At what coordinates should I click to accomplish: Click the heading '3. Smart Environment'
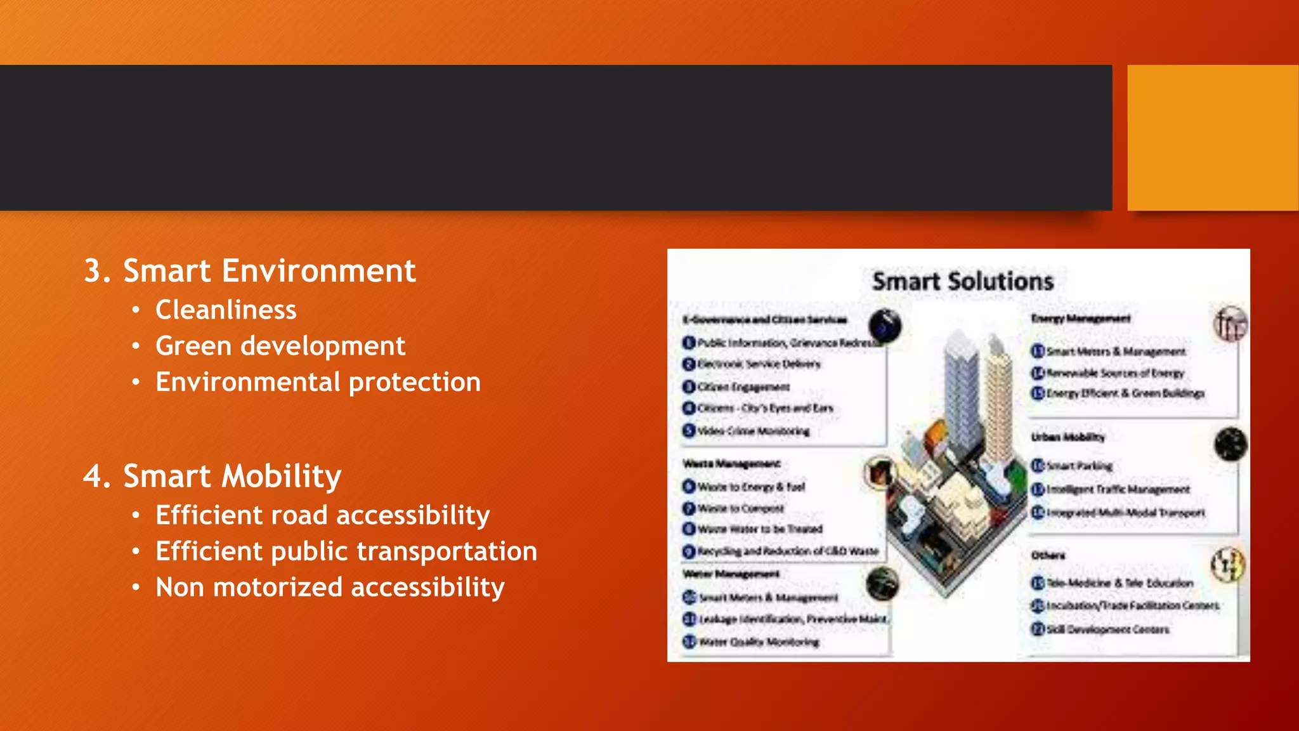tap(250, 271)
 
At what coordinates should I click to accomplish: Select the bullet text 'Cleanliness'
tap(226, 310)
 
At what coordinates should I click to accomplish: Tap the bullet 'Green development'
tap(280, 346)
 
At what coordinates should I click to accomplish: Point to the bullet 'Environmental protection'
tap(318, 382)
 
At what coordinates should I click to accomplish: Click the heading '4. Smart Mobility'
tap(212, 476)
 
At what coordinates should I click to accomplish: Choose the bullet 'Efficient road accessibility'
tap(322, 515)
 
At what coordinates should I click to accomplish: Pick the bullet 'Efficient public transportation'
tap(346, 551)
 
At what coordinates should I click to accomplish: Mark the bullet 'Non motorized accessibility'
tap(330, 588)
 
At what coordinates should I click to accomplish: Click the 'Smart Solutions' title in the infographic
tap(962, 281)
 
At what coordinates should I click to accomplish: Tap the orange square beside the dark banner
tap(1212, 137)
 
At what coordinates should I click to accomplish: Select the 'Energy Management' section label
tap(1080, 319)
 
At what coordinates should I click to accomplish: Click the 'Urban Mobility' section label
tap(1067, 437)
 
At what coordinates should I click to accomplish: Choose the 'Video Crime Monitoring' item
tap(753, 431)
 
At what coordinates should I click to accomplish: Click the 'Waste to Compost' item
tap(740, 508)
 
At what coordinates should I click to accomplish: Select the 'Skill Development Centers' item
tap(1107, 629)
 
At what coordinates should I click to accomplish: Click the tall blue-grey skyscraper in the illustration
tap(961, 393)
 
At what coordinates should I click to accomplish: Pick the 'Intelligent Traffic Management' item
tap(1117, 489)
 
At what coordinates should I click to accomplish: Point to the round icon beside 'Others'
tap(1228, 564)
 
